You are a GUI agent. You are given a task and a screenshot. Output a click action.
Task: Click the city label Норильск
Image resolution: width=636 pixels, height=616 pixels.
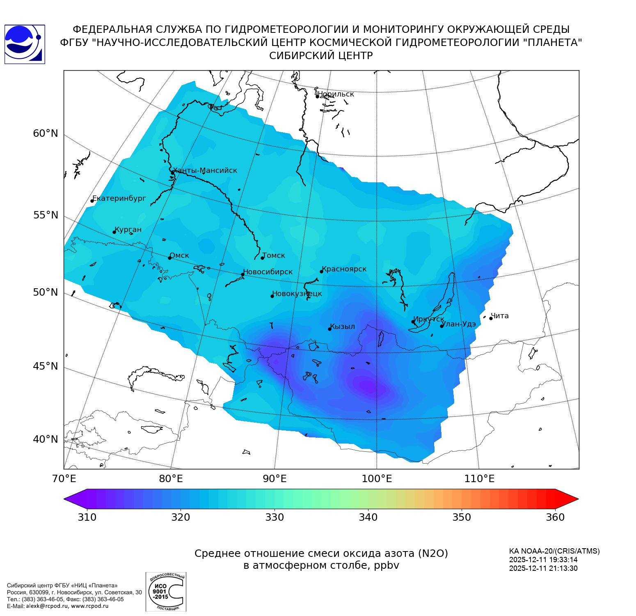[x=336, y=94]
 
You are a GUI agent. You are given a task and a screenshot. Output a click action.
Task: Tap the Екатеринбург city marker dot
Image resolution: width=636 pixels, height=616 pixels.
[x=92, y=201]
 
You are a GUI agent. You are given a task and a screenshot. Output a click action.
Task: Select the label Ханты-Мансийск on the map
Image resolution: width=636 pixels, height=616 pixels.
[x=205, y=170]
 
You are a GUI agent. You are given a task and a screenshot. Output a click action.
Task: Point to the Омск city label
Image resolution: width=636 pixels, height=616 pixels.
[x=179, y=255]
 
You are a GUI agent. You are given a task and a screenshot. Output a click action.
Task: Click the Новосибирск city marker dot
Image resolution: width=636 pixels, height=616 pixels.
[x=243, y=274]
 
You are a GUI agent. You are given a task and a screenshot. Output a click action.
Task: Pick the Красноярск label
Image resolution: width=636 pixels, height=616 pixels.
[x=344, y=269]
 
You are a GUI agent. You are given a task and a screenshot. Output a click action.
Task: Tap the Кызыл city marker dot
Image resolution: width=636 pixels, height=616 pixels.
[x=329, y=329]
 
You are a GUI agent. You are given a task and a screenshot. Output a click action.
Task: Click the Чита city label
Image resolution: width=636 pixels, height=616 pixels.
[x=500, y=316]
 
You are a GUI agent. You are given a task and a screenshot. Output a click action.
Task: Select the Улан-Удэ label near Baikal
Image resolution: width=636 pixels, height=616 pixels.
[x=459, y=324]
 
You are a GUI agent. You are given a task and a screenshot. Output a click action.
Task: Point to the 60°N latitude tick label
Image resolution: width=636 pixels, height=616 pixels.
[x=46, y=133]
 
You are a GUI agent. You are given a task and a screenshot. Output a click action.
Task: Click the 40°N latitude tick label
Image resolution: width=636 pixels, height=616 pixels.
[x=46, y=439]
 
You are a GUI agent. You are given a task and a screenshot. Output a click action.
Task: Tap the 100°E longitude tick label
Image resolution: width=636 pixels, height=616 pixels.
[x=377, y=479]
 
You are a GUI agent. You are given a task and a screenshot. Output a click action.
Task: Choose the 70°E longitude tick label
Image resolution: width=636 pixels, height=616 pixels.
[x=64, y=479]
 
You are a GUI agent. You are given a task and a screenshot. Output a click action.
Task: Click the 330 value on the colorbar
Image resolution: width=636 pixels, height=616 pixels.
[x=275, y=517]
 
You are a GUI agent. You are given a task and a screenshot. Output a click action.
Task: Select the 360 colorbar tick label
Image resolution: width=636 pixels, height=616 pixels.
[x=555, y=517]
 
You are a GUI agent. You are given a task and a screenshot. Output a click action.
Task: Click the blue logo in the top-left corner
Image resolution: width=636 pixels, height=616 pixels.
[x=24, y=44]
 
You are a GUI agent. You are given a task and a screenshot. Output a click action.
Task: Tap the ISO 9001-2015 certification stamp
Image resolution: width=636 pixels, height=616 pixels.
[x=166, y=592]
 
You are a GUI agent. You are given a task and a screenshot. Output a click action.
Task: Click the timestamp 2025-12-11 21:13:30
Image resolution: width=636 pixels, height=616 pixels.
[x=543, y=569]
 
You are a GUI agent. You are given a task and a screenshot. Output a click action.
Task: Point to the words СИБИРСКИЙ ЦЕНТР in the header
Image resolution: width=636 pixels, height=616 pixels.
[x=321, y=56]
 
